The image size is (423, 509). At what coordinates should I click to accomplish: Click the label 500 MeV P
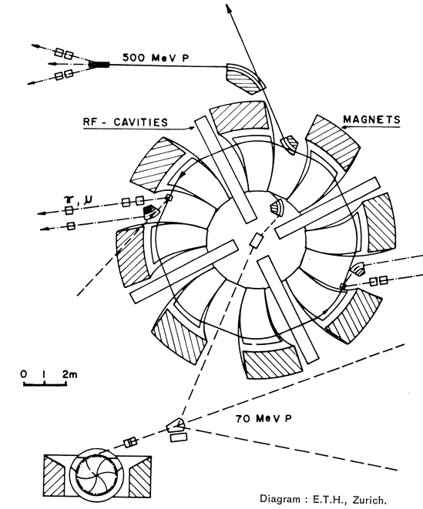pos(156,58)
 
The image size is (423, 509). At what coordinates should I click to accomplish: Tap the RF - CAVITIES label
pos(126,122)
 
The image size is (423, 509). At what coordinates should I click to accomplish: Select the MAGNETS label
pos(371,119)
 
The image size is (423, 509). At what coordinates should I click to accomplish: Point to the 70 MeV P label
pos(264,418)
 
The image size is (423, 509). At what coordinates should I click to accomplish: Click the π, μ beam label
pos(78,199)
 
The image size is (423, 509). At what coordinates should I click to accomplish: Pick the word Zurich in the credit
pos(369,499)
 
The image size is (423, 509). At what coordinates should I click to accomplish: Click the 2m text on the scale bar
pos(70,374)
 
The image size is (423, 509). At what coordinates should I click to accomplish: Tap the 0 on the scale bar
pos(24,374)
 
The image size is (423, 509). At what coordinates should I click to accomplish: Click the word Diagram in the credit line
pos(280,499)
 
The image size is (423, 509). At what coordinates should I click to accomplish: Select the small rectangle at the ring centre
pos(257,240)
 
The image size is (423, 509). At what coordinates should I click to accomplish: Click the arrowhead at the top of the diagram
pos(229,8)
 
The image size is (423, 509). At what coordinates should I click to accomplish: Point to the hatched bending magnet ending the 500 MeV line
pos(246,79)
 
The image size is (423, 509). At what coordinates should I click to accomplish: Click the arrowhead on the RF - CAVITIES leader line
pos(192,128)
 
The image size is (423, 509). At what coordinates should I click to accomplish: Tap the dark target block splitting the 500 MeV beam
pos(99,65)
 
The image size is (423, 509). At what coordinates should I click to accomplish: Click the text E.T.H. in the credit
pos(328,499)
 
